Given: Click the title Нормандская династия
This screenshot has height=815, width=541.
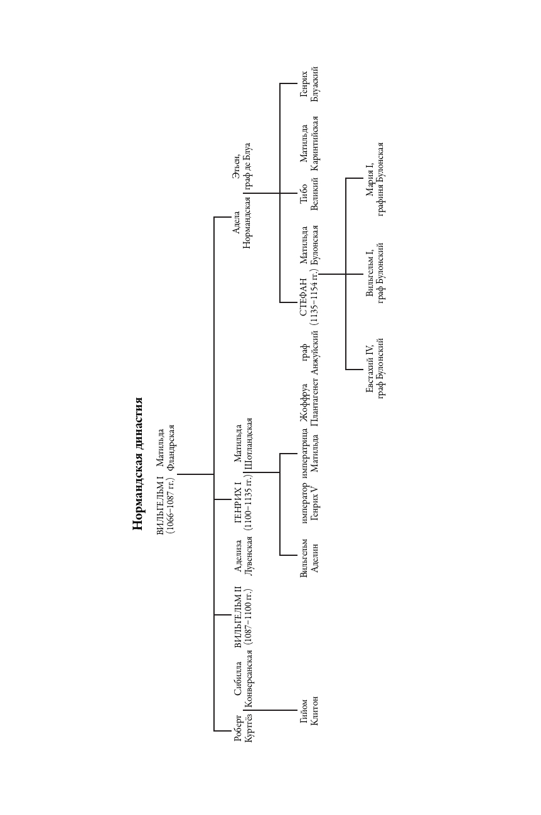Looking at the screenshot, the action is click(x=137, y=464).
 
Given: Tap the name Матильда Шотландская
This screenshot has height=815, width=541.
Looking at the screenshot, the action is click(x=243, y=444).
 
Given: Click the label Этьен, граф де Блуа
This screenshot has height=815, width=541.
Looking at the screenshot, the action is click(x=242, y=166).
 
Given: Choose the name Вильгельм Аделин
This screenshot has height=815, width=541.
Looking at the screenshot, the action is click(x=309, y=558).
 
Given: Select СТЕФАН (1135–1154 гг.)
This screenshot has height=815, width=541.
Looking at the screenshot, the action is click(x=309, y=297).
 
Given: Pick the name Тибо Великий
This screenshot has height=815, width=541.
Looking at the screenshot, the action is click(x=309, y=193).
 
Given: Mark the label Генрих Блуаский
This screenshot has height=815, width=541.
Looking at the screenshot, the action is click(x=309, y=83).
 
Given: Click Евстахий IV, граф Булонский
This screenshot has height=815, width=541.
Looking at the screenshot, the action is click(x=375, y=368).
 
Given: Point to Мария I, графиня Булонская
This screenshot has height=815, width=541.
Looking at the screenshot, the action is click(x=375, y=178).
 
